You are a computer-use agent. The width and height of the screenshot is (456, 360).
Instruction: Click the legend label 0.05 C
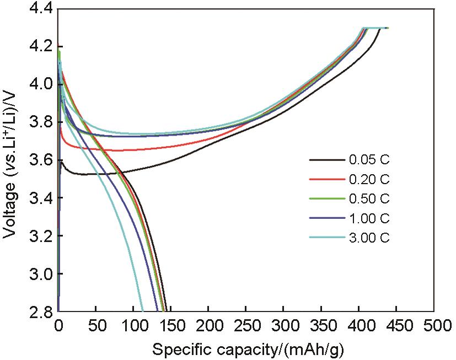369,160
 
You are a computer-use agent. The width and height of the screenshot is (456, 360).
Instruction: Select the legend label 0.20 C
369,180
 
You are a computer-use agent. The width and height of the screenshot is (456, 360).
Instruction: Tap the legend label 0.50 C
369,199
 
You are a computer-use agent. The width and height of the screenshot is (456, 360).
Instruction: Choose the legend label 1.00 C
369,218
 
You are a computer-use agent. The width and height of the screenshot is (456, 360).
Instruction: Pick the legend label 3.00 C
369,238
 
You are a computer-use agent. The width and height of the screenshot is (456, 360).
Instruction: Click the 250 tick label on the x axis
246,326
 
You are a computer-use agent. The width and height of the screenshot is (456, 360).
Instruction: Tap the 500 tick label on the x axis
433,326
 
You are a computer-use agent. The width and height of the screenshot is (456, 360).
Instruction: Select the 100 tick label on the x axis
133,326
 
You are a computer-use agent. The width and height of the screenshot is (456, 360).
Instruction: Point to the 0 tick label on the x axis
58,326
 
